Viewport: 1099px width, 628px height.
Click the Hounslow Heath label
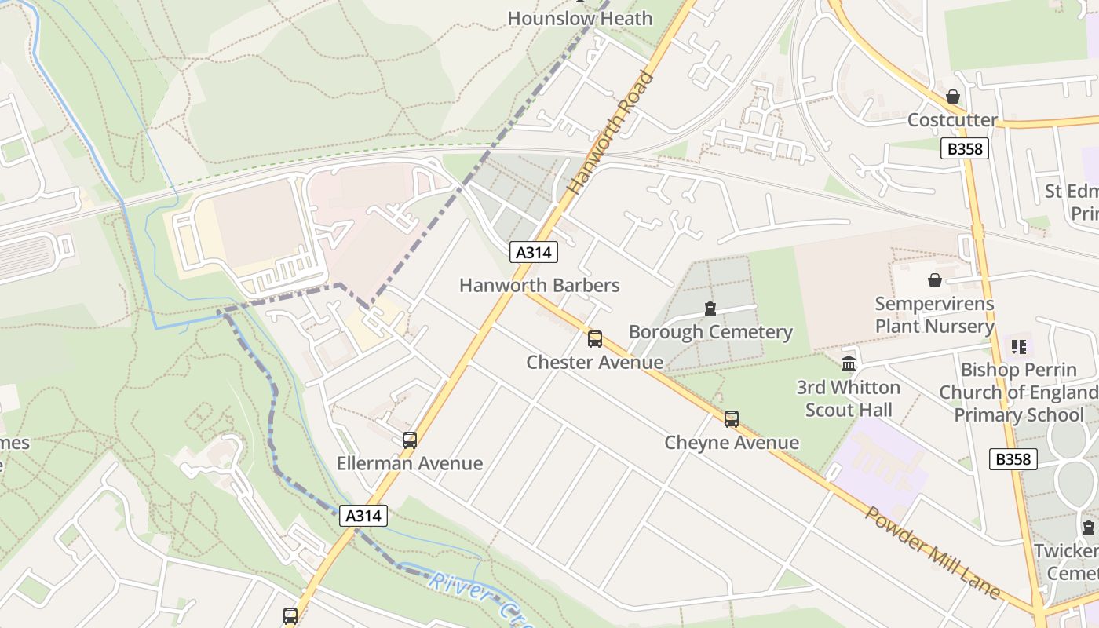tap(579, 18)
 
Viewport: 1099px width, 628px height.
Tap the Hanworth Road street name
tap(612, 133)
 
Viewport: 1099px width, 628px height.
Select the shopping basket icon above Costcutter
tap(952, 97)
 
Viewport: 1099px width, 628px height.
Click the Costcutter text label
tap(952, 120)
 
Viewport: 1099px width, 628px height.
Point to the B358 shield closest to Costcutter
tap(964, 148)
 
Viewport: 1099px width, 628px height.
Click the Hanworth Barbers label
tap(539, 285)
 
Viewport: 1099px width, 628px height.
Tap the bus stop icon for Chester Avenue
tap(595, 339)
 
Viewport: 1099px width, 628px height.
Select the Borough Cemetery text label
tap(710, 332)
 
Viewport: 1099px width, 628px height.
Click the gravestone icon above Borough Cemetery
tap(710, 309)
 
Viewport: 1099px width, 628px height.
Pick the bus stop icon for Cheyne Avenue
tap(732, 419)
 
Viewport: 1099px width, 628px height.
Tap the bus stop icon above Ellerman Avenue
tap(410, 440)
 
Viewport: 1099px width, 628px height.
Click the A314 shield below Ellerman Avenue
tap(363, 516)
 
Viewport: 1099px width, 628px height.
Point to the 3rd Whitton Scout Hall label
tap(848, 399)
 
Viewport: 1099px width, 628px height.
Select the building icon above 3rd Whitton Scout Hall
tap(849, 364)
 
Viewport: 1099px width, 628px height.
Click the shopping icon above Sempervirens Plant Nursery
tap(935, 280)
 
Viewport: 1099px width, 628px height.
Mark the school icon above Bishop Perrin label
tap(1019, 346)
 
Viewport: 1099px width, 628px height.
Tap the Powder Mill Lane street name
tap(933, 553)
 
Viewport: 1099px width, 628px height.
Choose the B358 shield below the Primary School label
tap(1013, 459)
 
